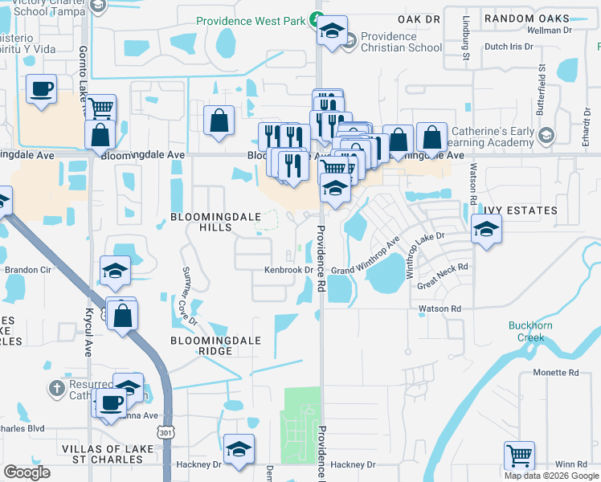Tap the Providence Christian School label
401,42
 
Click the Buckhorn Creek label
526,331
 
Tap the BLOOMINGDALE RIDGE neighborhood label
216,345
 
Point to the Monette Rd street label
556,373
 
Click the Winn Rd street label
570,464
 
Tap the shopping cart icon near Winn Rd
520,455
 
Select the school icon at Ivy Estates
486,228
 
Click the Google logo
27,472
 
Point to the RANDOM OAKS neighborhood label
532,17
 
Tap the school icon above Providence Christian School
332,30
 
